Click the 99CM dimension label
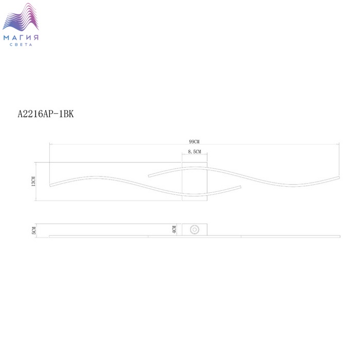coord(194,141)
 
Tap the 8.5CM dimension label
coord(194,152)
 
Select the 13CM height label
coord(33,181)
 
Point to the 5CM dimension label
coord(34,230)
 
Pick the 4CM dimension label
coord(174,229)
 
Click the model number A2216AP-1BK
coord(46,114)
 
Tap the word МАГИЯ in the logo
coord(21,38)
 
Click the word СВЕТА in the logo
coord(21,45)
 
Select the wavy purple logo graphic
coord(21,17)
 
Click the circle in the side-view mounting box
coord(194,229)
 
